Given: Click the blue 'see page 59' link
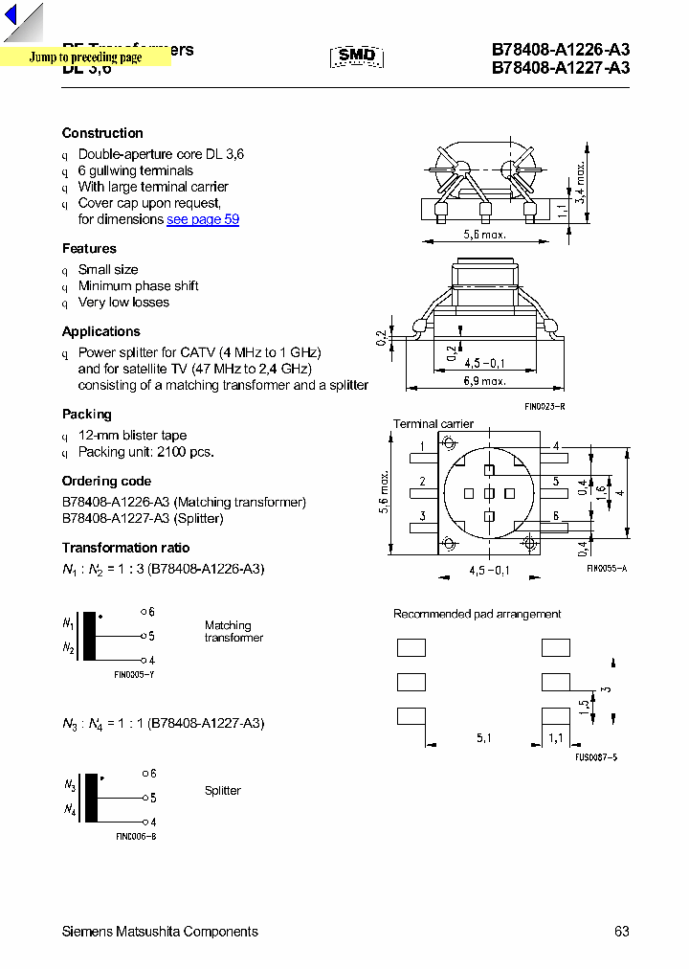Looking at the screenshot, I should [203, 219].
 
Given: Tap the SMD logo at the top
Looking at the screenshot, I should [357, 56].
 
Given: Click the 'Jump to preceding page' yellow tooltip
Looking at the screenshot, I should [85, 57].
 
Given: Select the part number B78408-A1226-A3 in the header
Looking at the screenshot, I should [561, 50].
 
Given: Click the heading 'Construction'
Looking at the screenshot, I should [102, 133].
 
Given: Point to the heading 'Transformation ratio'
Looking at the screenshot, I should [125, 548].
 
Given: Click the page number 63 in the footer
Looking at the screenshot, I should [622, 932].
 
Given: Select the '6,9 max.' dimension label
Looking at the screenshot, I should [484, 381].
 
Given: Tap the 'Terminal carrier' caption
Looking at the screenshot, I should [433, 423].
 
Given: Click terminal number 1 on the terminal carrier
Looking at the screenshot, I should [422, 446].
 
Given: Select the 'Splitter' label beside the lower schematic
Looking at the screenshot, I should [222, 791].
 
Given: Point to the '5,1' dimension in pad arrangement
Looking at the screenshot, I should [485, 738].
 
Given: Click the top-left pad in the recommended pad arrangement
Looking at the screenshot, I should [411, 647].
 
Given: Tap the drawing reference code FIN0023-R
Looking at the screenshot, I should [545, 406].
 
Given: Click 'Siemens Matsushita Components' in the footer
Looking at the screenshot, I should [160, 932].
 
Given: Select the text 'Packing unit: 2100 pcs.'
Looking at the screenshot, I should [145, 452].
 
